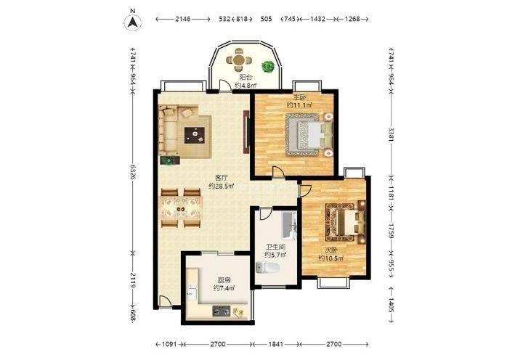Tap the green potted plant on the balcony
[x=268, y=66]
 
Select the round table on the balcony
[x=239, y=60]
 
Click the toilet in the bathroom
[x=267, y=267]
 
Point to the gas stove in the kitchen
[x=221, y=311]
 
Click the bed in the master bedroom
[x=309, y=135]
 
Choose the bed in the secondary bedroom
[x=345, y=222]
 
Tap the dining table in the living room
[x=182, y=209]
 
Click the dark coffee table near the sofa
[x=195, y=135]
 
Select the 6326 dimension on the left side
[x=133, y=172]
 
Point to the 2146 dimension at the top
[x=183, y=19]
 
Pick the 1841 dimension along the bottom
[x=275, y=344]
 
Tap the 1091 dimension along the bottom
[x=169, y=344]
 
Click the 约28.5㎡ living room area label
[x=221, y=186]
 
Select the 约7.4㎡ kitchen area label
[x=224, y=287]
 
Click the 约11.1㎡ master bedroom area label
[x=299, y=105]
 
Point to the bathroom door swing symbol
[x=265, y=213]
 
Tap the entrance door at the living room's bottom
[x=166, y=302]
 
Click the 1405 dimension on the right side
[x=391, y=305]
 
